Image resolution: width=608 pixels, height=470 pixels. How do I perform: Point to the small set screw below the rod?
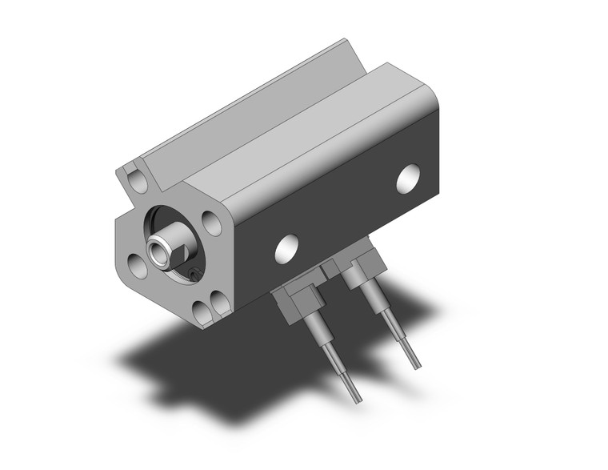[194, 275]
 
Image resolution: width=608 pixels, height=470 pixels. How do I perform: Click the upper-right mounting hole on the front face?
[211, 221]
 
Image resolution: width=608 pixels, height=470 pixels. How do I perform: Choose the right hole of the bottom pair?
[218, 301]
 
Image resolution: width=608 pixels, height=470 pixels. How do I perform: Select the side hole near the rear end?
[409, 179]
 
